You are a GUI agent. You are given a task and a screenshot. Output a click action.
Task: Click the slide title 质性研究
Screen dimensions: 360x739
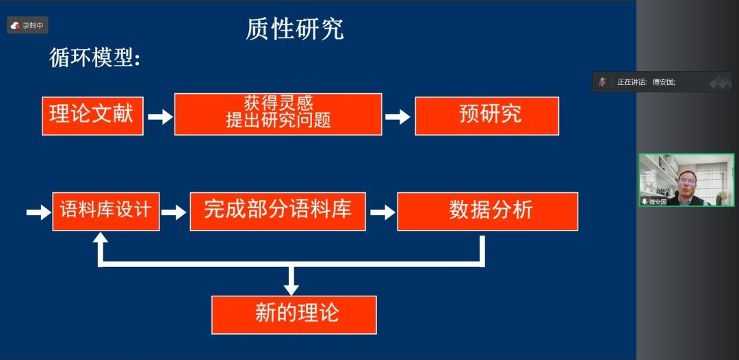[295, 29]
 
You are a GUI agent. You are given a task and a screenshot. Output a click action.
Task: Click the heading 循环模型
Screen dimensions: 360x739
[94, 58]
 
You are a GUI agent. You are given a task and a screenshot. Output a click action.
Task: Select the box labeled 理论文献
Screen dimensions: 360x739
[92, 116]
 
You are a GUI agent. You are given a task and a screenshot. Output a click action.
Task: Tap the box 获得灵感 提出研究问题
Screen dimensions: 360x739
[278, 114]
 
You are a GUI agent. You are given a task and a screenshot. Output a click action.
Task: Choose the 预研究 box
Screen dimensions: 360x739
[487, 116]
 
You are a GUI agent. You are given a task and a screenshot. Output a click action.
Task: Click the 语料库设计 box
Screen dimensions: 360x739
[105, 211]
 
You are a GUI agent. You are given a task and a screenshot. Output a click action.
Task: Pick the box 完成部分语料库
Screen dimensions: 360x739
[277, 211]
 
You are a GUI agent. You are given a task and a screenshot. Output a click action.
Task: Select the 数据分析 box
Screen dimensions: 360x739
[487, 211]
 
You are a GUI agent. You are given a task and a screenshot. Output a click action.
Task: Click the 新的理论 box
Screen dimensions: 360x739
[294, 314]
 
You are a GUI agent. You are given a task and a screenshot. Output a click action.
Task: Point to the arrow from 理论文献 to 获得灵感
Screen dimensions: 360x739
[159, 116]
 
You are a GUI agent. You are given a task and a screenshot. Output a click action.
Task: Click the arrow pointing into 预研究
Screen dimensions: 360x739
[398, 116]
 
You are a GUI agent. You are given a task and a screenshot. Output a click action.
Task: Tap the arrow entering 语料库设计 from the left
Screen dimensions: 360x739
[38, 212]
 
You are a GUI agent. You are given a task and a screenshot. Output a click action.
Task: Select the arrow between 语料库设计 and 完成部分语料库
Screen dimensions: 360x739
[174, 212]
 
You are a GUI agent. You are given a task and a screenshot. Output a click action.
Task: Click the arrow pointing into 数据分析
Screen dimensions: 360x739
[382, 212]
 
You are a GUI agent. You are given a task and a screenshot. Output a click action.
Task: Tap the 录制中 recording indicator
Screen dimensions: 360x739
[27, 25]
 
